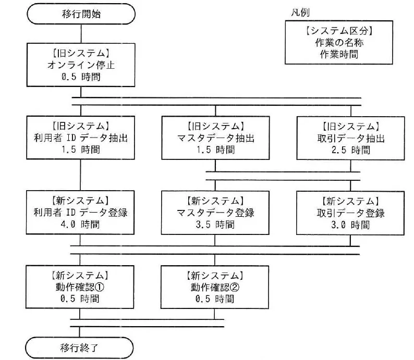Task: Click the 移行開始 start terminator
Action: click(81, 14)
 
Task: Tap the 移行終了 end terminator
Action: click(79, 348)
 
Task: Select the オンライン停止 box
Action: click(81, 65)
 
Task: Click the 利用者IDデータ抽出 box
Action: click(80, 138)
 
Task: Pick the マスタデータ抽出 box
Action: click(215, 138)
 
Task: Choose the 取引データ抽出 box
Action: click(350, 138)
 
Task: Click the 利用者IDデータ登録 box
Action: click(80, 213)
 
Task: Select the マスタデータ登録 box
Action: click(215, 213)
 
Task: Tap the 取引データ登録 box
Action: click(350, 213)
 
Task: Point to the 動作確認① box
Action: click(80, 287)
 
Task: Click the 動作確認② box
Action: click(215, 287)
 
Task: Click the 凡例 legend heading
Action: click(300, 13)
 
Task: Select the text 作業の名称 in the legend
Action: click(339, 43)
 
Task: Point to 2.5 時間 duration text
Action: click(350, 150)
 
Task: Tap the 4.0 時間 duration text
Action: click(80, 225)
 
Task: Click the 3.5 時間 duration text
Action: click(215, 225)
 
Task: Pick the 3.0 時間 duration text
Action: click(350, 225)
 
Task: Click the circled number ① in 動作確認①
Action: click(99, 287)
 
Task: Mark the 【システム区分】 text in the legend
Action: click(339, 31)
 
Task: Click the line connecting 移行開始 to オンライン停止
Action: click(81, 34)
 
